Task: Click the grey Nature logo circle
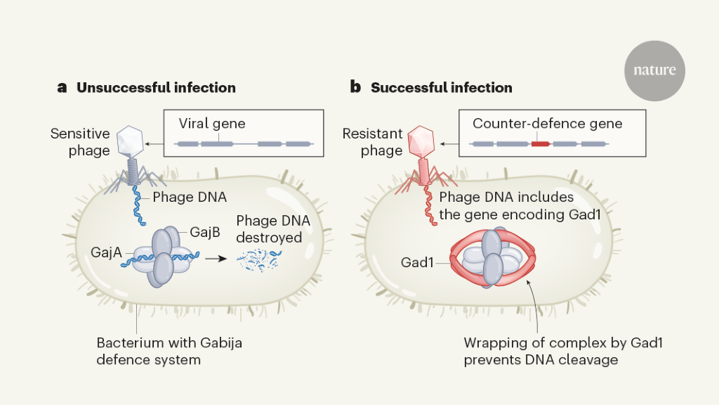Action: point(654,70)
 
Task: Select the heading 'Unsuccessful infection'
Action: point(156,88)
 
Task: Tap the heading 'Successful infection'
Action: point(441,88)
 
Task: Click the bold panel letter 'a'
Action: point(62,88)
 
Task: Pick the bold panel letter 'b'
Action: point(355,88)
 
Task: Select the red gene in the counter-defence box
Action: point(540,143)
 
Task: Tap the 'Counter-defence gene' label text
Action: point(547,124)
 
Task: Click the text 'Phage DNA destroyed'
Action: point(272,229)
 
